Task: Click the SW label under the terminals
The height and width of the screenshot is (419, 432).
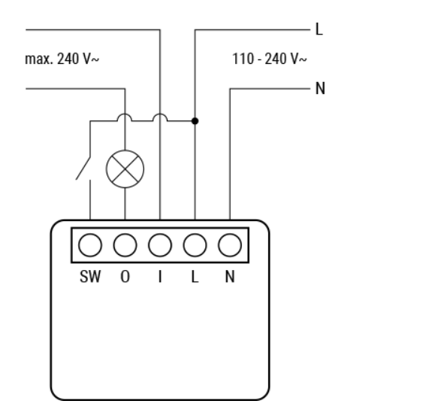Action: click(x=90, y=276)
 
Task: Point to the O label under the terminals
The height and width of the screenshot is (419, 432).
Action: click(x=125, y=276)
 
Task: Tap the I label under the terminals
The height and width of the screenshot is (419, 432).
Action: click(x=160, y=276)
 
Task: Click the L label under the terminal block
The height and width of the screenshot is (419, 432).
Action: click(x=195, y=276)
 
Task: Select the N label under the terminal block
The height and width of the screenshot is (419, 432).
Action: click(x=230, y=276)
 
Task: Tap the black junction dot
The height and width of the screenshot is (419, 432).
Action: click(x=195, y=121)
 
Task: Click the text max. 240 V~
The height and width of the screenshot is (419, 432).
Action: click(x=62, y=59)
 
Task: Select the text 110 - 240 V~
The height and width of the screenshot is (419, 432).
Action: click(x=270, y=59)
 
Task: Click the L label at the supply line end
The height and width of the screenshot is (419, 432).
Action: click(x=319, y=29)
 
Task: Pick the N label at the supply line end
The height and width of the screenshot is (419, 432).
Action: click(x=320, y=89)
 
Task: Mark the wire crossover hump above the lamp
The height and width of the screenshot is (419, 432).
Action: click(x=125, y=114)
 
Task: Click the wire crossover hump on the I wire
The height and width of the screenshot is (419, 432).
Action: click(x=160, y=114)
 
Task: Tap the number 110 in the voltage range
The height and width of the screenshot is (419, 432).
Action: click(x=243, y=59)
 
